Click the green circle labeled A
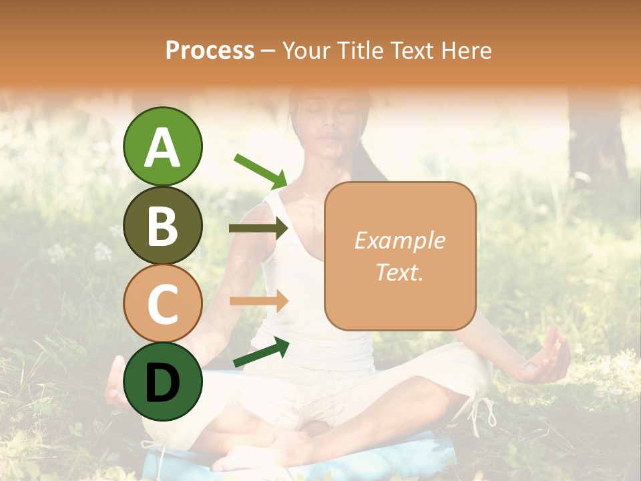point(162,146)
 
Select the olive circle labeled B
point(162,225)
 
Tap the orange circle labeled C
point(162,303)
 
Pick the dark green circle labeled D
point(162,381)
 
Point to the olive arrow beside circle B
point(258,228)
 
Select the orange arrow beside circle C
point(258,301)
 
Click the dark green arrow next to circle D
point(260,353)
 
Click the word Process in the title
point(210,50)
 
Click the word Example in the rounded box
point(399,240)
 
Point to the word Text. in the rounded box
point(399,272)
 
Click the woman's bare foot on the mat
point(254,454)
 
